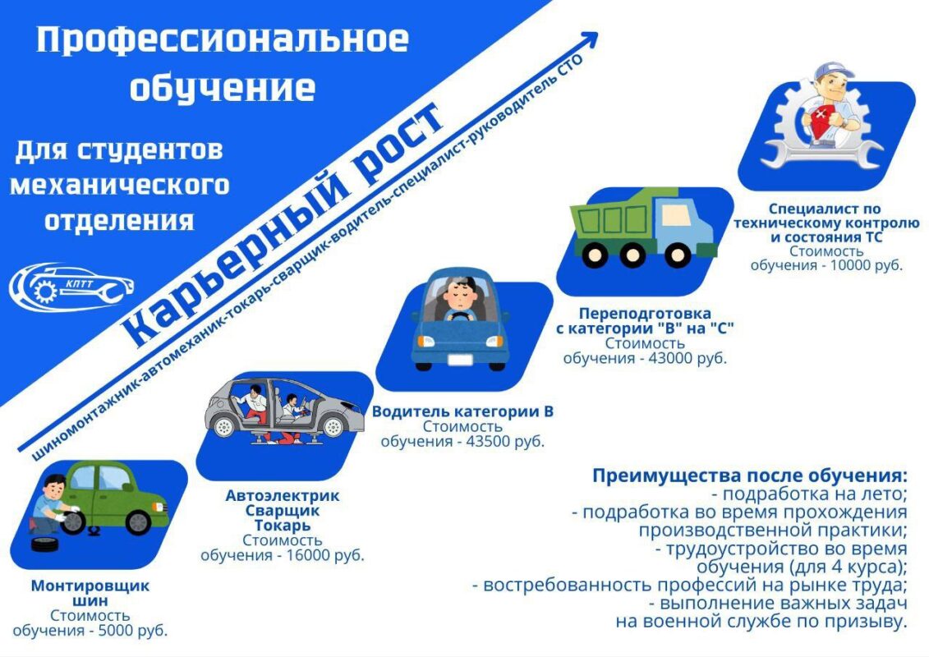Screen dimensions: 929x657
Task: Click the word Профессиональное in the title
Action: tap(223, 40)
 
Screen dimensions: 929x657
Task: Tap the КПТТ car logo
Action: tap(71, 287)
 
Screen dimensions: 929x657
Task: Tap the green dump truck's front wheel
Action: tap(678, 255)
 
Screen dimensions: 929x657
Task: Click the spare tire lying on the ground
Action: tap(45, 544)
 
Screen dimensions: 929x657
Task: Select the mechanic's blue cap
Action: tap(832, 71)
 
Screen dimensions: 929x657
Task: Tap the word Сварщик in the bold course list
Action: tap(282, 511)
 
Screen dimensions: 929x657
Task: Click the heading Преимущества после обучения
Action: tap(750, 476)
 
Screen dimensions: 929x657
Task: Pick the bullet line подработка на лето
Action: tap(809, 494)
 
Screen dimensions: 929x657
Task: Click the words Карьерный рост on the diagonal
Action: tap(282, 225)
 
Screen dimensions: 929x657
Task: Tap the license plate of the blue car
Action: tap(460, 360)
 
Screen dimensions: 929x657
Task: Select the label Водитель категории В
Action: tap(462, 411)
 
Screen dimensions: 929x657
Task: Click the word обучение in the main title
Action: tap(223, 88)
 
